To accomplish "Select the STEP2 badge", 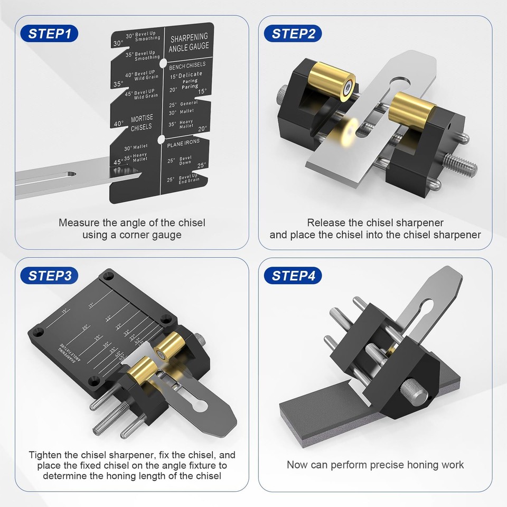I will click(x=293, y=34).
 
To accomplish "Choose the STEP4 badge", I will click(x=293, y=275).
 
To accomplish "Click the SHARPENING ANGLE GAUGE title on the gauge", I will click(x=189, y=42).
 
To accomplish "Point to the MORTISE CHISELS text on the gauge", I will click(x=141, y=123).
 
